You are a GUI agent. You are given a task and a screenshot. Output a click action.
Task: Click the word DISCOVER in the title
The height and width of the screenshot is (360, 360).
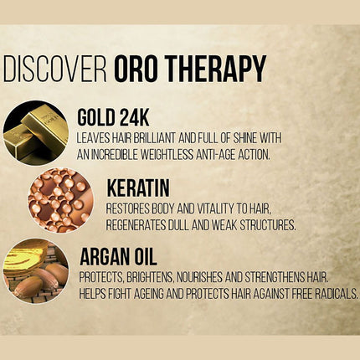tap(55, 69)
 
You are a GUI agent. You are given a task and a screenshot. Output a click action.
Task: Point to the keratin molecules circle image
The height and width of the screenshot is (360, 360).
tap(59, 200)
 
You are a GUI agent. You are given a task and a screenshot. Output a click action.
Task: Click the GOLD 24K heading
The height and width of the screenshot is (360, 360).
tap(113, 116)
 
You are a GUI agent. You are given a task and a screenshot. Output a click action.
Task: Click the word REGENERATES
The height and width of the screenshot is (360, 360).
tap(139, 224)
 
